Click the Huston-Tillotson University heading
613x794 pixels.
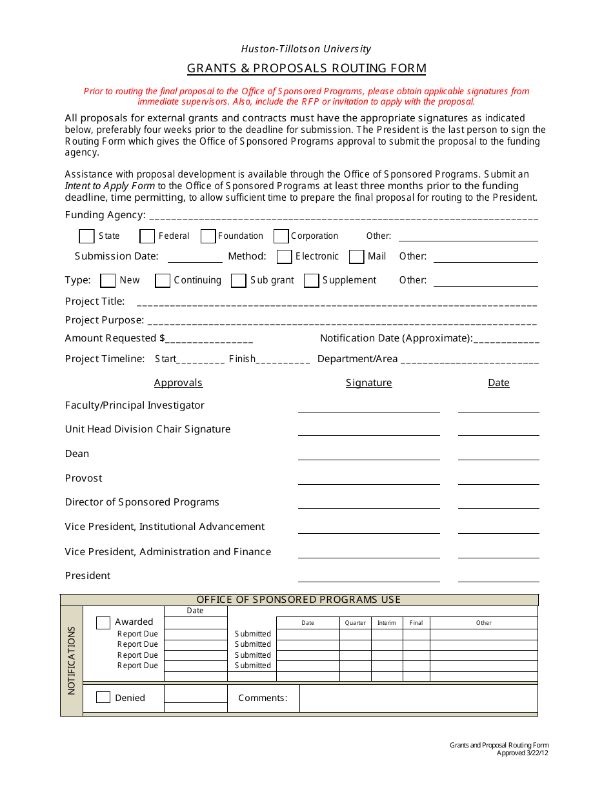pyautogui.click(x=306, y=49)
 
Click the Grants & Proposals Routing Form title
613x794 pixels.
pyautogui.click(x=306, y=68)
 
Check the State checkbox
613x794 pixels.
pyautogui.click(x=86, y=236)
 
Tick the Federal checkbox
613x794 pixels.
pyautogui.click(x=147, y=236)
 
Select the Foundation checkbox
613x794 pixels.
pyautogui.click(x=208, y=236)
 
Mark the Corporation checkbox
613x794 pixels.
pyautogui.click(x=281, y=236)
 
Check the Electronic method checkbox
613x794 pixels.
pyautogui.click(x=284, y=257)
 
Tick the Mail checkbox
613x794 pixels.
pyautogui.click(x=357, y=257)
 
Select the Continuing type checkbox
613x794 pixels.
pyautogui.click(x=163, y=280)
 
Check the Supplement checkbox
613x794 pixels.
pyautogui.click(x=312, y=280)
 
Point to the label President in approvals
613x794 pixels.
pyautogui.click(x=88, y=576)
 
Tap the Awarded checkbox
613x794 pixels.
pyautogui.click(x=103, y=623)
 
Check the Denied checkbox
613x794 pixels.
pyautogui.click(x=103, y=698)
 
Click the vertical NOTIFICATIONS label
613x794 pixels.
pyautogui.click(x=72, y=660)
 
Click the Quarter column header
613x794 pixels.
pyautogui.click(x=355, y=623)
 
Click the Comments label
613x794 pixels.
pyautogui.click(x=263, y=698)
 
